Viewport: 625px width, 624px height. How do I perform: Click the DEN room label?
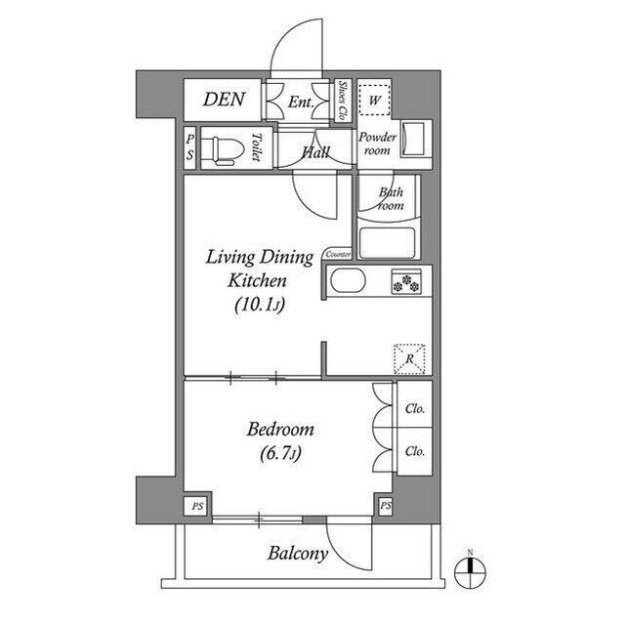tap(224, 100)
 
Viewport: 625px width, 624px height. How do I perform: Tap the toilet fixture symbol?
tap(228, 151)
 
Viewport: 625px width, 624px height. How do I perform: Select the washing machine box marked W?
tap(374, 100)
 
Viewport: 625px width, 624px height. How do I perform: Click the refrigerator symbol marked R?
tap(409, 359)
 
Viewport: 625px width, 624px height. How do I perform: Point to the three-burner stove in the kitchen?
tap(406, 281)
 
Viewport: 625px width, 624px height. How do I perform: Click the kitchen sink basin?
tap(348, 281)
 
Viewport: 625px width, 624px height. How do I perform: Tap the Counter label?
tap(338, 254)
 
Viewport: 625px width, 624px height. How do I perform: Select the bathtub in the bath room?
tap(388, 242)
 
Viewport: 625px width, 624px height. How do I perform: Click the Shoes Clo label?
tap(342, 101)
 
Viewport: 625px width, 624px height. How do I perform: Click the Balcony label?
tap(298, 554)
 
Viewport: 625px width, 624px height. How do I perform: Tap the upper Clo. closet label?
tap(414, 409)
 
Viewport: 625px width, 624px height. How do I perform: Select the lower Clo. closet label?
tap(414, 451)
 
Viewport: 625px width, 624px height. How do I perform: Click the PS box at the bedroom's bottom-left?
tap(197, 507)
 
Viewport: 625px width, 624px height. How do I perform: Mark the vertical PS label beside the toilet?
tap(190, 147)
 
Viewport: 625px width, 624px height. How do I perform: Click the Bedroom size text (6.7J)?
tap(280, 453)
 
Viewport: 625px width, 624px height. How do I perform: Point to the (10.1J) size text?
tap(260, 306)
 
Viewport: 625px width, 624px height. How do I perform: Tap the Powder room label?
tap(377, 144)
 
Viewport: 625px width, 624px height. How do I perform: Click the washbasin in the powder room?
tap(412, 139)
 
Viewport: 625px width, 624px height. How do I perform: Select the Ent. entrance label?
tap(301, 102)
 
